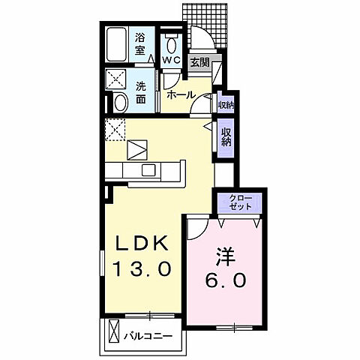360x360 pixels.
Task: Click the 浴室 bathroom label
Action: pos(139,43)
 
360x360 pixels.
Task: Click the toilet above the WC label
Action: pos(170,39)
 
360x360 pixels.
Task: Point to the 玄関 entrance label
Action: pos(199,62)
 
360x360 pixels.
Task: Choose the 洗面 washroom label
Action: pos(141,92)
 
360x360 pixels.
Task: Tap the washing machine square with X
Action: pos(116,79)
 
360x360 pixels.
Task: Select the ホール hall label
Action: pos(180,95)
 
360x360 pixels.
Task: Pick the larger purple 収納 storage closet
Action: pos(225,137)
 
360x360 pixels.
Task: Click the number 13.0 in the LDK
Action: pos(145,268)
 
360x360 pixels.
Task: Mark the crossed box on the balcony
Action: pos(115,331)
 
